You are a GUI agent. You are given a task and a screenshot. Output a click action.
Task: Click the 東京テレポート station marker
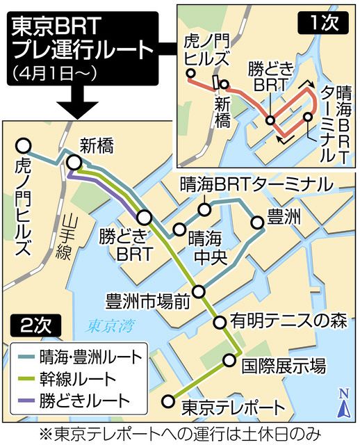pyautogui.click(x=167, y=400)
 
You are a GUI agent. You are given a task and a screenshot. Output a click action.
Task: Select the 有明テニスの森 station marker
pyautogui.click(x=218, y=322)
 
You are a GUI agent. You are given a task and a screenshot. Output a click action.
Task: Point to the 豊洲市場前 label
pyautogui.click(x=147, y=300)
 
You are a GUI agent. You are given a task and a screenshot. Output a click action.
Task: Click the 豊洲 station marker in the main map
pyautogui.click(x=257, y=222)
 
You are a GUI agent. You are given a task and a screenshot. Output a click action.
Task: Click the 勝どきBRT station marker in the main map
pyautogui.click(x=144, y=216)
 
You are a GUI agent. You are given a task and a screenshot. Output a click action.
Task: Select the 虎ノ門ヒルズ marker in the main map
pyautogui.click(x=23, y=145)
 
